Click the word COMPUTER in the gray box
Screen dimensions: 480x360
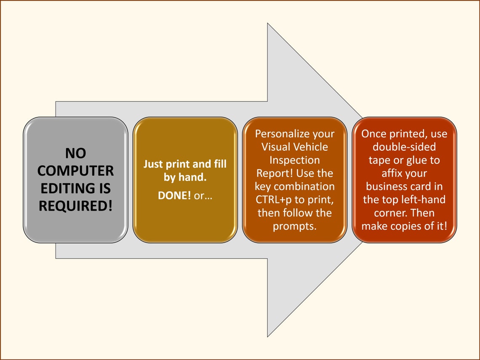click(75, 171)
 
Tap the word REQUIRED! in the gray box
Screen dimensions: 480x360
click(75, 206)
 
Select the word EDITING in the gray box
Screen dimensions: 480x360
click(64, 188)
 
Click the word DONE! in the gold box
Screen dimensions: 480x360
click(174, 195)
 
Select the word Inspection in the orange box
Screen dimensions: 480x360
click(294, 160)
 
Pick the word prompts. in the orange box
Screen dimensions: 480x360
click(294, 226)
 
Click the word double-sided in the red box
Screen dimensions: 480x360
click(404, 147)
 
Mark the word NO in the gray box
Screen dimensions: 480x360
click(75, 153)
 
